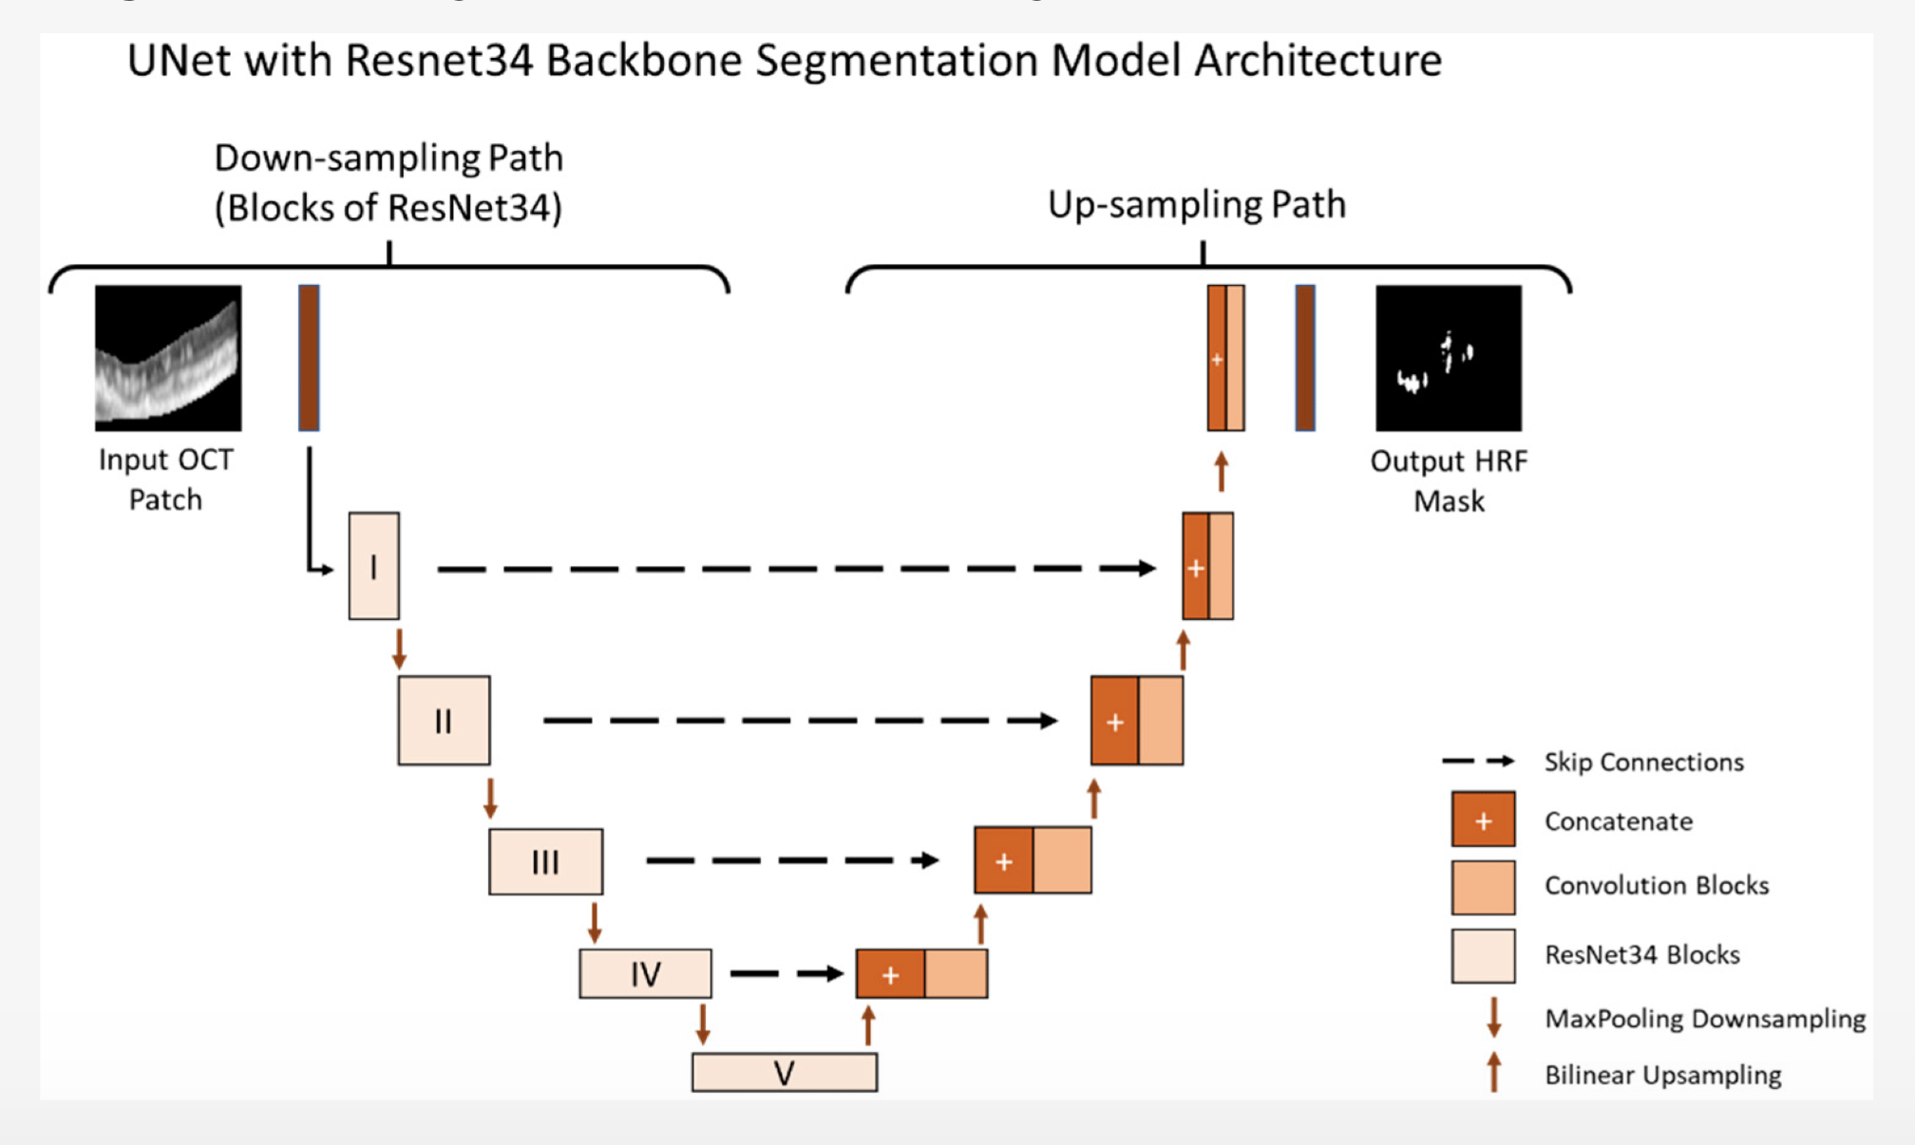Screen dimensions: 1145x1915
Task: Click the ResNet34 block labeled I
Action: coord(373,566)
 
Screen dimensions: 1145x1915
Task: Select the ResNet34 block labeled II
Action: coord(444,721)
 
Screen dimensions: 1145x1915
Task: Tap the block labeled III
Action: coord(545,861)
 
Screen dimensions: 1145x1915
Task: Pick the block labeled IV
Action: coord(645,973)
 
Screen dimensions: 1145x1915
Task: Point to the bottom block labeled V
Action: coord(784,1073)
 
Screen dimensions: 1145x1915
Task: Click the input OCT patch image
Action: coord(168,358)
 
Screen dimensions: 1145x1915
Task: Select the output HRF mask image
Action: coord(1449,358)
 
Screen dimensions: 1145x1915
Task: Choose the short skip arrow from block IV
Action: coord(787,973)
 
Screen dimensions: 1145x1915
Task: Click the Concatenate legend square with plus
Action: coord(1483,819)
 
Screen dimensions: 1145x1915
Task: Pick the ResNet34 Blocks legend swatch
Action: coord(1483,955)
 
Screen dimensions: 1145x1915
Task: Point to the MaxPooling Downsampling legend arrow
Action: coord(1494,1017)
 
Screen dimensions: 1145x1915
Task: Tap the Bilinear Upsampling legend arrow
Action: coord(1494,1073)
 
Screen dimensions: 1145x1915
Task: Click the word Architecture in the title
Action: coord(1318,61)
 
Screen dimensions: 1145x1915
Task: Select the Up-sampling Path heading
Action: coord(1197,205)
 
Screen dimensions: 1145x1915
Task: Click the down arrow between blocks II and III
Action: coord(490,798)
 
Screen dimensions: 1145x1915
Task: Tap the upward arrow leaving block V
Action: coord(868,1026)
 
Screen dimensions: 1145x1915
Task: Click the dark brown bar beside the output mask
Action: coord(1305,358)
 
